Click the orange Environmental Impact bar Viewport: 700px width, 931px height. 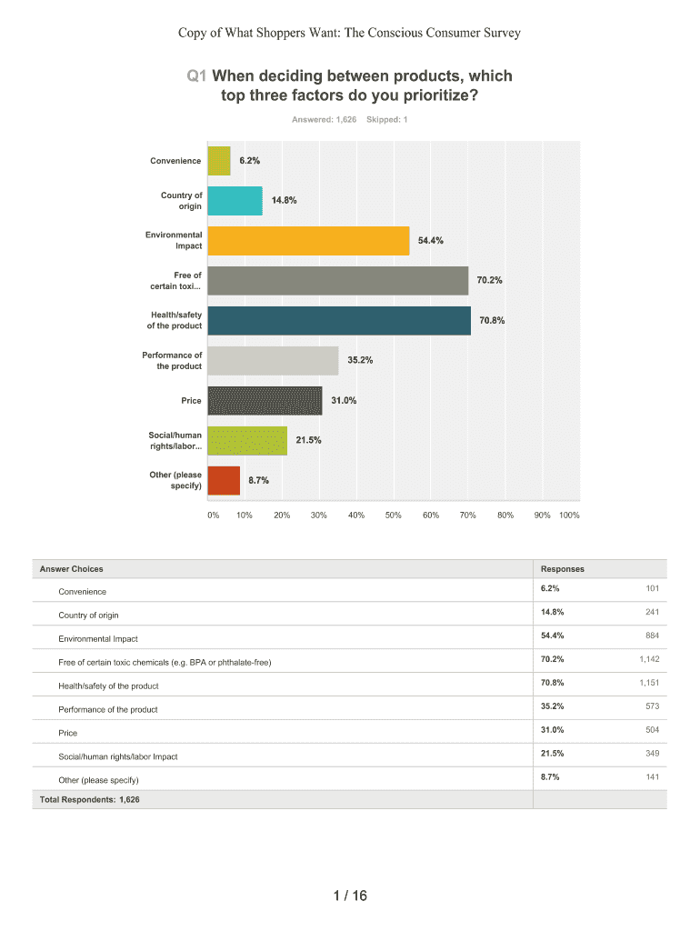(308, 241)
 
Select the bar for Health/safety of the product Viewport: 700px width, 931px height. (339, 321)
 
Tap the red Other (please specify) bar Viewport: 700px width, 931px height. (224, 480)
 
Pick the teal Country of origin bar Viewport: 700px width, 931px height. (235, 201)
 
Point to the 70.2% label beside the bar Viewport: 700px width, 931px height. (490, 280)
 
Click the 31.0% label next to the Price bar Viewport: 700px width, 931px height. (344, 400)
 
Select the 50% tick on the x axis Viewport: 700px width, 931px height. (393, 515)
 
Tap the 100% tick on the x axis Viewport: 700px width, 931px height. (569, 515)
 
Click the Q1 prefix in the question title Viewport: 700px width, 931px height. (196, 76)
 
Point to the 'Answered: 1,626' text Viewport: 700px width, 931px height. (324, 119)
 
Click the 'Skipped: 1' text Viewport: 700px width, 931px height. (386, 119)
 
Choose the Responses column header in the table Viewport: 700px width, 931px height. (562, 569)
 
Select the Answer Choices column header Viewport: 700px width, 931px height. (71, 569)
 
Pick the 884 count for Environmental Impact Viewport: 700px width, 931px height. (653, 636)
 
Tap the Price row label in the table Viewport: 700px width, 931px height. (68, 733)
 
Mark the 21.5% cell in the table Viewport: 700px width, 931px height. (552, 753)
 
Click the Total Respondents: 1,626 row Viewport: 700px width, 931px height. (89, 800)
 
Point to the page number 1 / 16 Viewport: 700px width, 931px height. (350, 896)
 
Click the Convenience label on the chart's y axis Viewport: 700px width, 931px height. (175, 161)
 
